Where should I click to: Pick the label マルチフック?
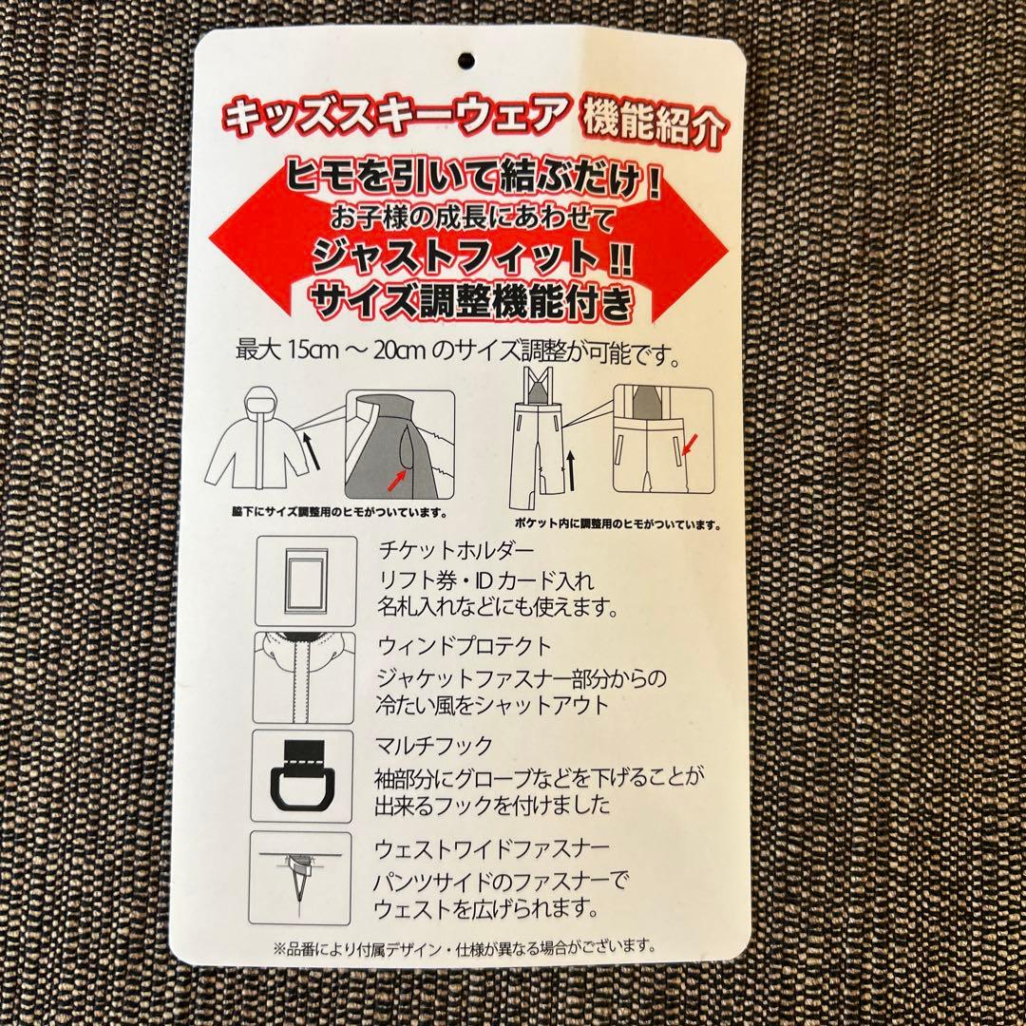point(421,746)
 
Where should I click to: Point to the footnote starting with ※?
point(464,946)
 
